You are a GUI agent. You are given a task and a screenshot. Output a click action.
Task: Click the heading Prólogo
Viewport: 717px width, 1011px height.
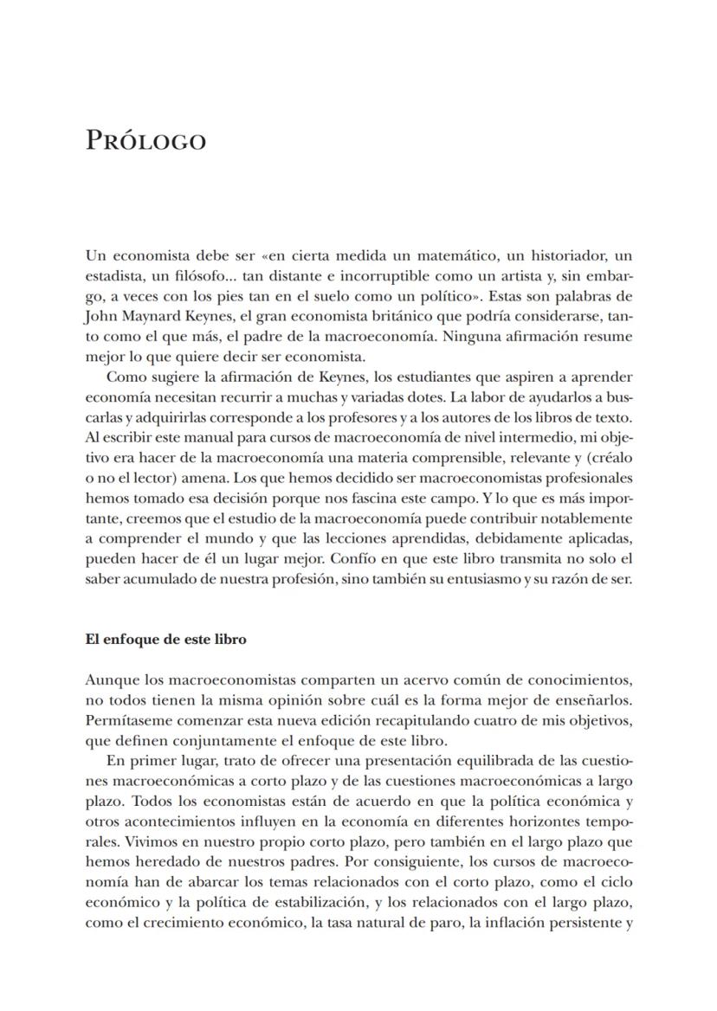pos(145,141)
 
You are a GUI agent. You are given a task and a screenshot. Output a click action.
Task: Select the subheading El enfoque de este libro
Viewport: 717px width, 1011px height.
pos(166,640)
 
